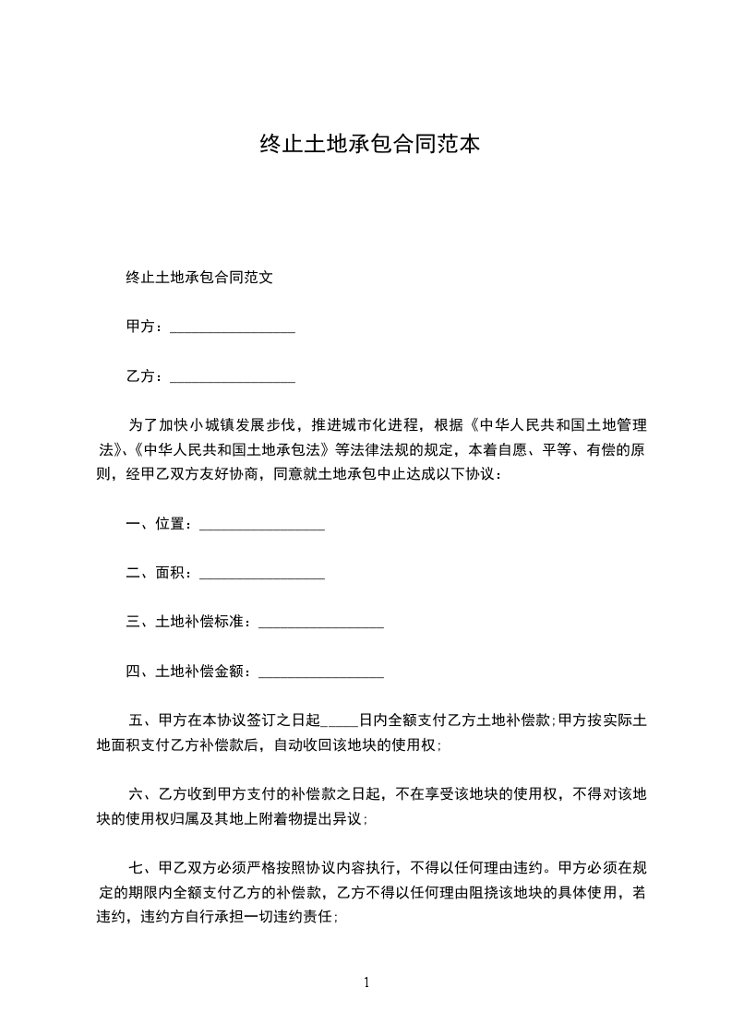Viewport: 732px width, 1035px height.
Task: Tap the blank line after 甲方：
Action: [x=233, y=328]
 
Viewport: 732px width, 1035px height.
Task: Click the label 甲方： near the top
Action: [x=146, y=327]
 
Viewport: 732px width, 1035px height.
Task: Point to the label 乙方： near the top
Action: [x=146, y=376]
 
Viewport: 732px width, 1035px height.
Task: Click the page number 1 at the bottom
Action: [x=366, y=982]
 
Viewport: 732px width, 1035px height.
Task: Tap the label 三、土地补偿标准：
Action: [x=191, y=623]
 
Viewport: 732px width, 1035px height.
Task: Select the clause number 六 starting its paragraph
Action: [x=136, y=793]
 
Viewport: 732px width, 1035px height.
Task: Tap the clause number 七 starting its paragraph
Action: [x=136, y=868]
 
